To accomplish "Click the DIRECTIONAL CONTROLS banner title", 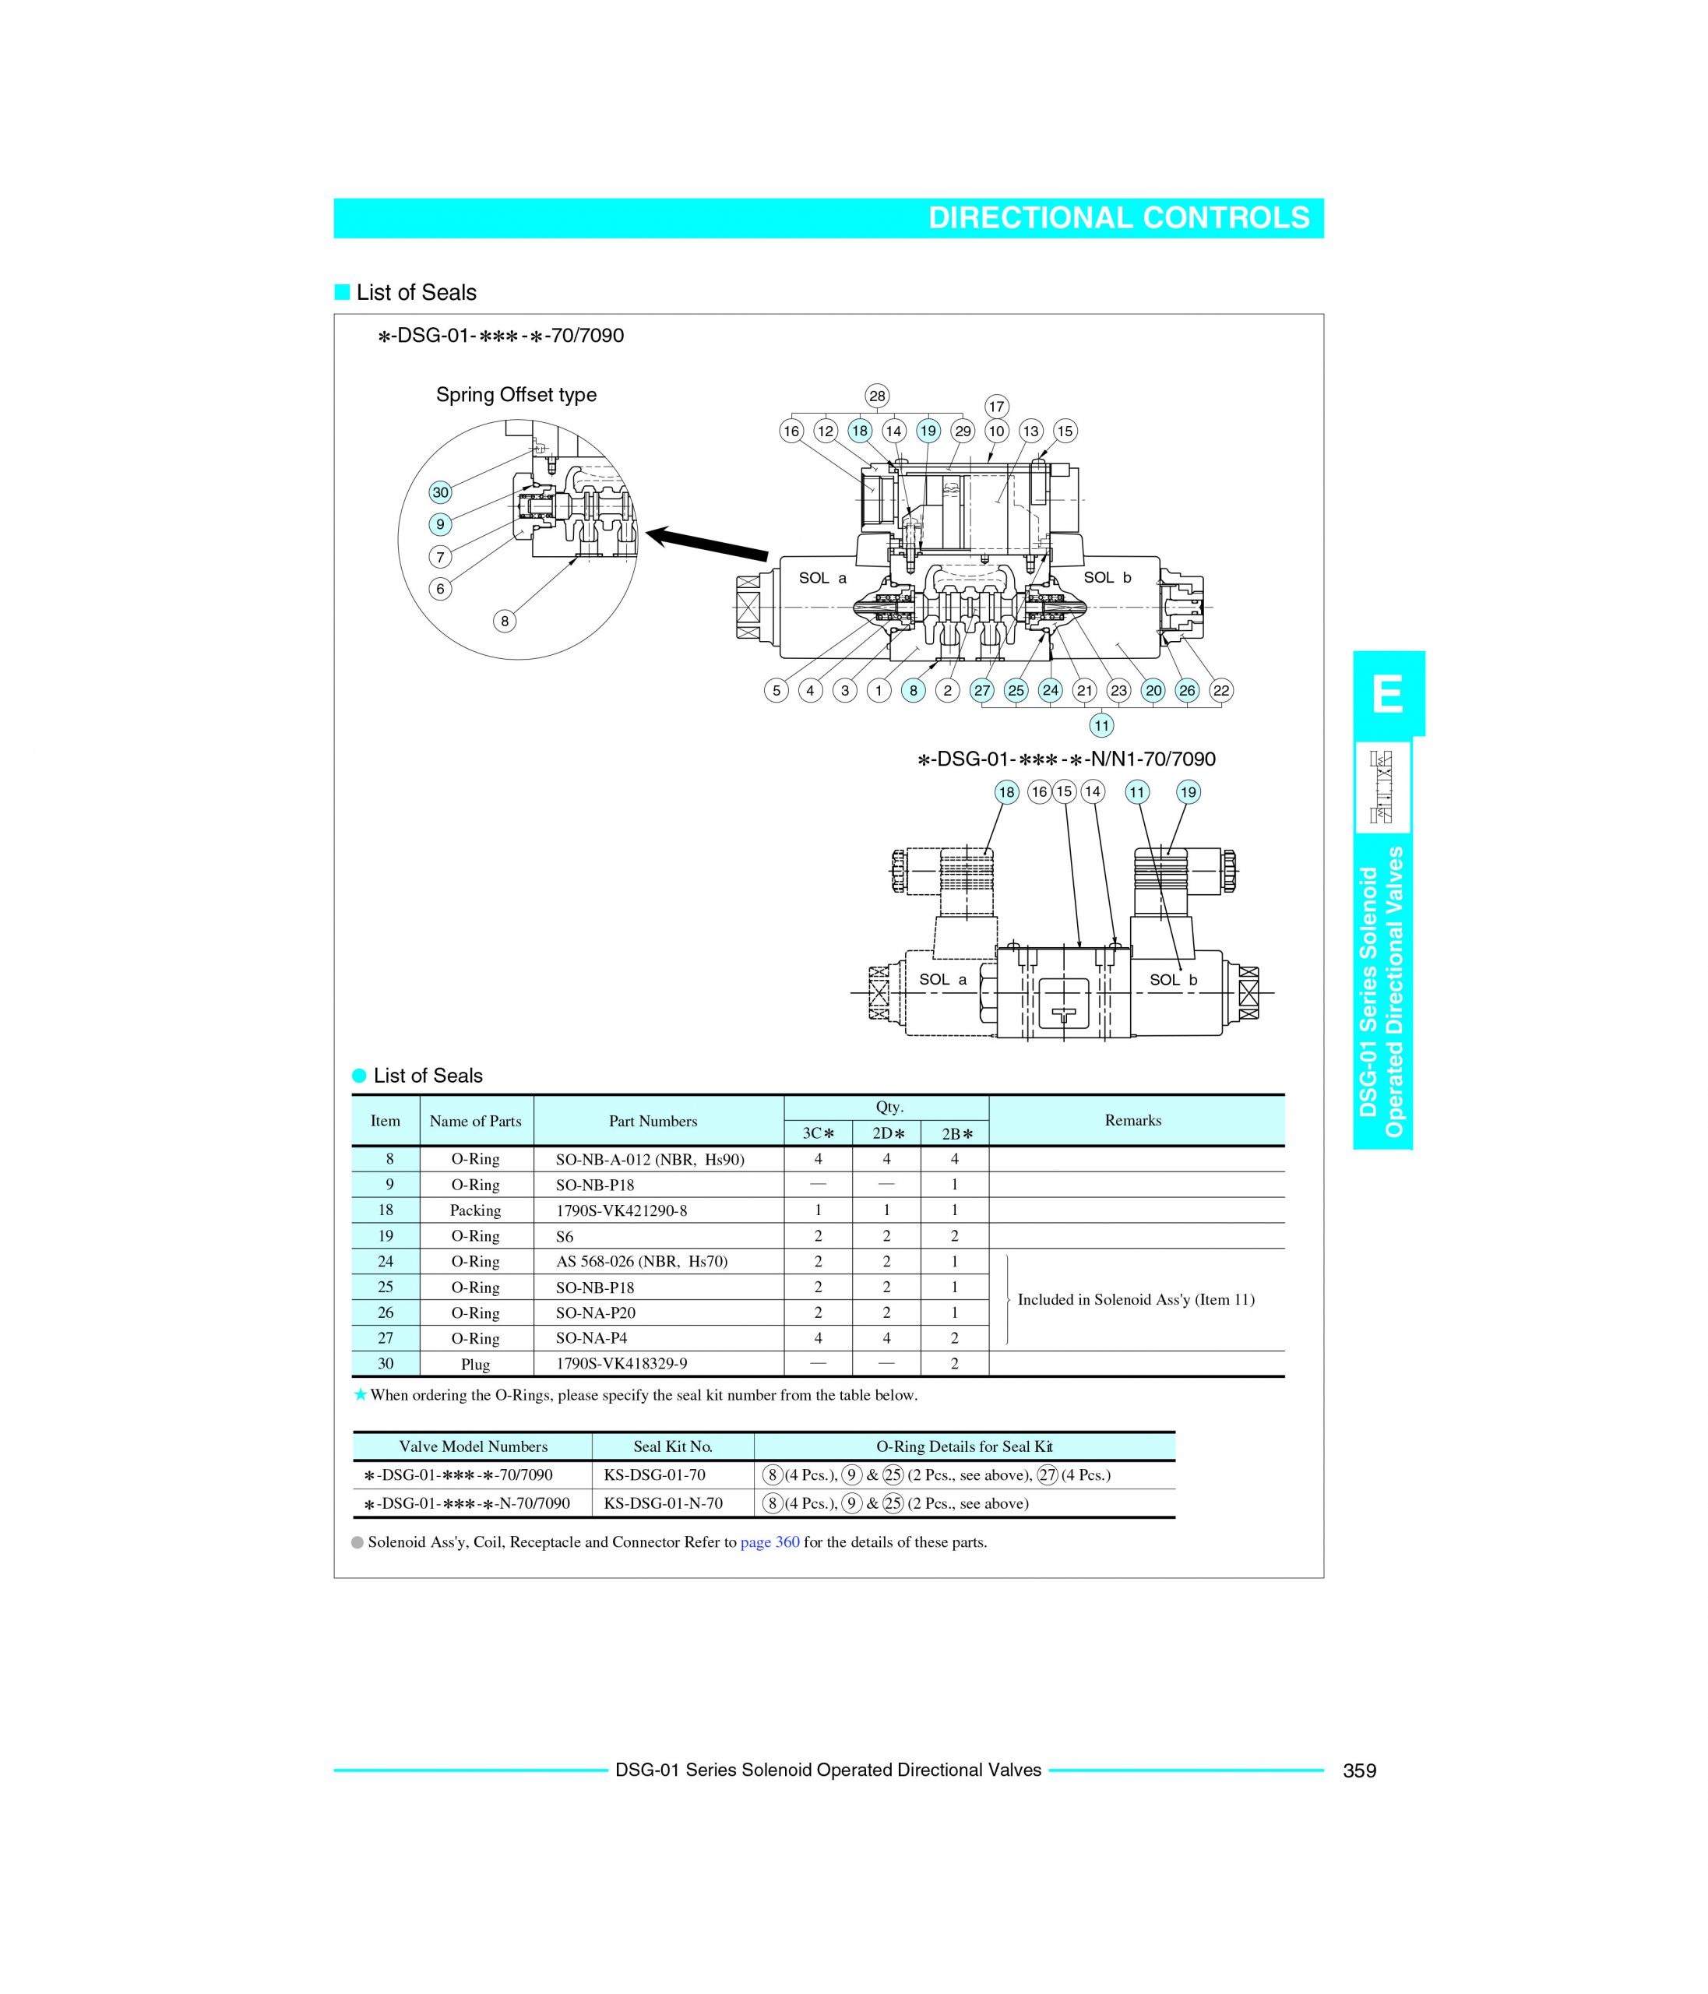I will pos(1118,218).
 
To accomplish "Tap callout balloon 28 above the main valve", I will pos(877,396).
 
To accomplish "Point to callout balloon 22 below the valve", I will pos(1220,690).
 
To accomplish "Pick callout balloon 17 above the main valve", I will pos(996,406).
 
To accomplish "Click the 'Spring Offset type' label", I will pos(516,395).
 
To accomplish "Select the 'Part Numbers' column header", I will pos(653,1121).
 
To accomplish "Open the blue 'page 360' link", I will pos(769,1541).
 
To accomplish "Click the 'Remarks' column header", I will pos(1132,1120).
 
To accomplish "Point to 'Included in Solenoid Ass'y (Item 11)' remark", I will pos(1136,1299).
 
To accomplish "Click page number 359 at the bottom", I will pos(1359,1770).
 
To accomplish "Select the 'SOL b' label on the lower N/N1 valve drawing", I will pos(1173,980).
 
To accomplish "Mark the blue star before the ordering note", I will pos(360,1394).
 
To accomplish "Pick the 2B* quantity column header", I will pos(955,1133).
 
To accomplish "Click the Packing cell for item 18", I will pos(475,1210).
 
